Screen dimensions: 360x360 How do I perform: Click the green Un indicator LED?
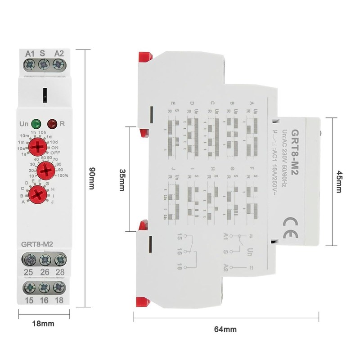tap(36, 122)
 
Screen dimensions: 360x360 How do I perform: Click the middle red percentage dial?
tap(45, 171)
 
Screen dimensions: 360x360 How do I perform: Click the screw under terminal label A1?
tap(30, 65)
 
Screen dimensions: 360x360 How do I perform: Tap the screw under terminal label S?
tap(44, 65)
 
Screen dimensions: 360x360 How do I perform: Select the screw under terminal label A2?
tap(58, 65)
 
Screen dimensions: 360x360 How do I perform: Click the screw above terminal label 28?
tap(59, 260)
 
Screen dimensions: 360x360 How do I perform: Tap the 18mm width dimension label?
tap(44, 323)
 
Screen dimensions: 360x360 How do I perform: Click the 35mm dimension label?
tap(121, 180)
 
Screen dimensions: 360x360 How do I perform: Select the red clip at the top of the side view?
tap(145, 58)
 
